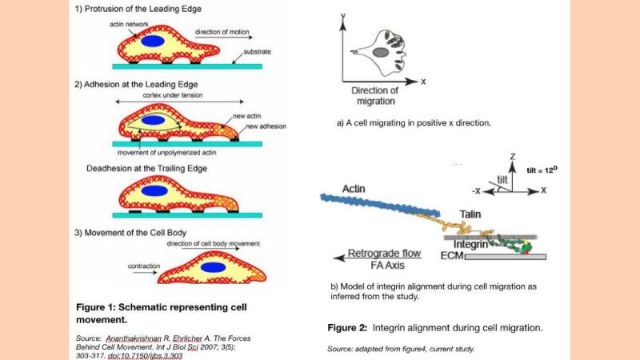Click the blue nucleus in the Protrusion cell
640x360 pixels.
click(x=154, y=42)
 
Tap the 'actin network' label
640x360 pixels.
click(x=129, y=24)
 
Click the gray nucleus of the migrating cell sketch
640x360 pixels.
click(x=382, y=52)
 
